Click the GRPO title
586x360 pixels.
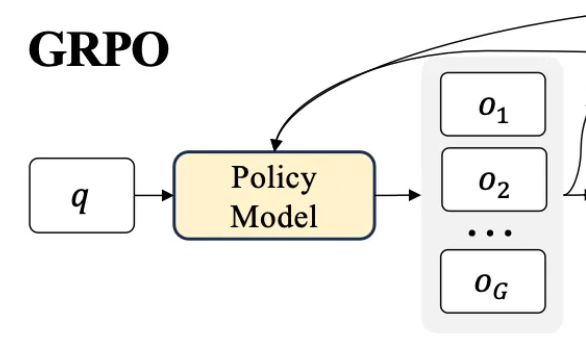[x=98, y=50]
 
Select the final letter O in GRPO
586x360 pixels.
[x=148, y=50]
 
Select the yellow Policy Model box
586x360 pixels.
[x=274, y=195]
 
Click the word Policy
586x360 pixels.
[x=274, y=178]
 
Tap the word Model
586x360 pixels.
[x=274, y=214]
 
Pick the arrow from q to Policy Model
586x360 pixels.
[x=153, y=195]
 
